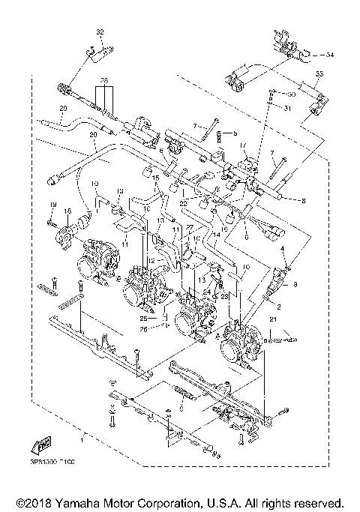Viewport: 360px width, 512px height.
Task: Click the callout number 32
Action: (97, 31)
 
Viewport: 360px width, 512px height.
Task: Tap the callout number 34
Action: (331, 55)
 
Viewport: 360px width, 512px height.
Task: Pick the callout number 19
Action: (53, 205)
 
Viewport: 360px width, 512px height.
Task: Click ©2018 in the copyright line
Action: (30, 501)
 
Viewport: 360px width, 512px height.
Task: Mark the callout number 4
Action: (282, 248)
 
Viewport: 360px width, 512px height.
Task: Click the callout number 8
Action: (302, 201)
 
